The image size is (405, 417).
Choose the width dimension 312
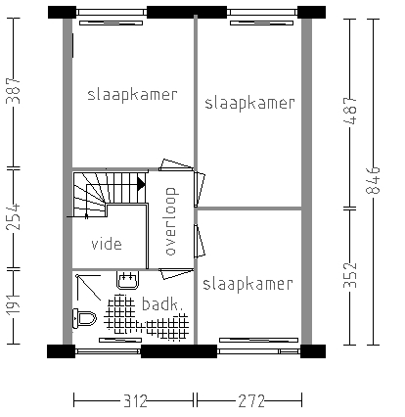[134, 400]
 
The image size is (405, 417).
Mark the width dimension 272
[248, 400]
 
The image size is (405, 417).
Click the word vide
[108, 244]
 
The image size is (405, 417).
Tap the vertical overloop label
[169, 220]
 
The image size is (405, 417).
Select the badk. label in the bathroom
[161, 303]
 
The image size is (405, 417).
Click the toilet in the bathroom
[84, 317]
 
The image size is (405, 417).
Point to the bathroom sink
[125, 281]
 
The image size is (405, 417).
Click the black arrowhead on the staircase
[141, 183]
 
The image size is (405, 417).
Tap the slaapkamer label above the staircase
[132, 95]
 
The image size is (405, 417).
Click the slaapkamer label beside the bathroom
[247, 285]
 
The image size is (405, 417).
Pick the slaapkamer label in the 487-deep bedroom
[247, 103]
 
